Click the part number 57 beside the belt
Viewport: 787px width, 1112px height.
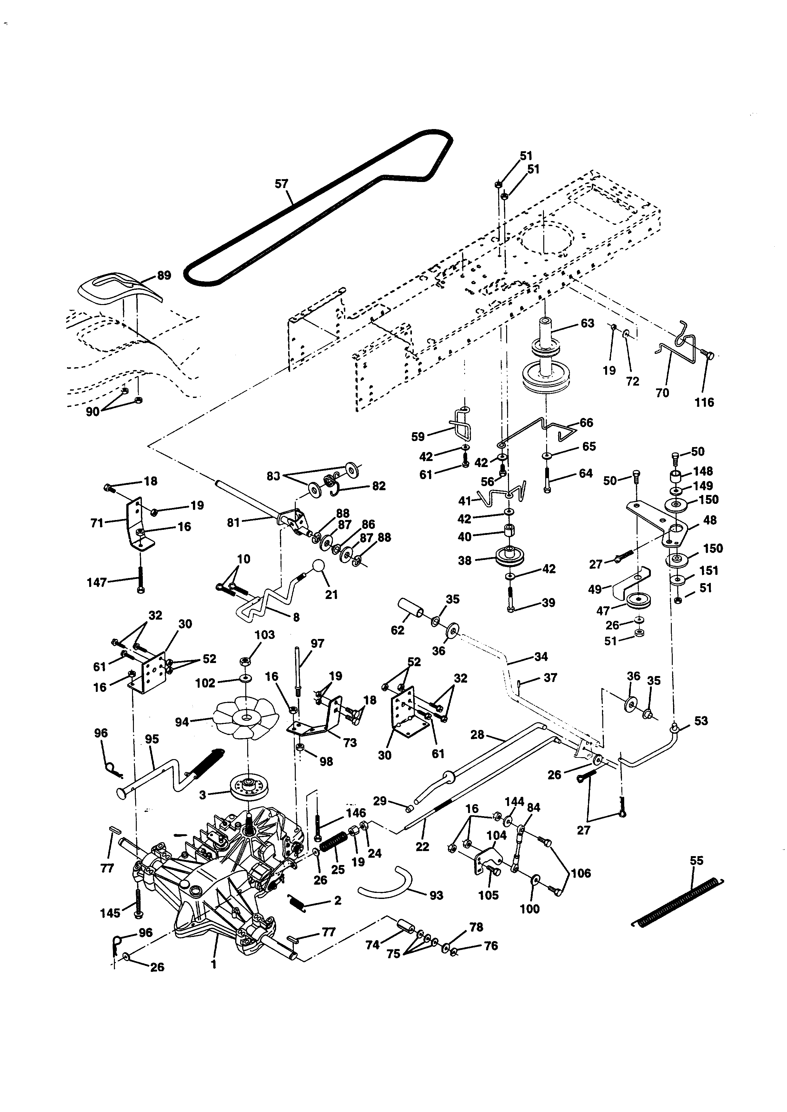[x=281, y=184]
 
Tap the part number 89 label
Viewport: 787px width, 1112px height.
[x=164, y=276]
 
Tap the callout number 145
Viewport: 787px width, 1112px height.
[x=110, y=913]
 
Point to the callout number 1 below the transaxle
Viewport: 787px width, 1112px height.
[x=213, y=964]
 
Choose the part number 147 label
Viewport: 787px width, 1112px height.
[x=96, y=583]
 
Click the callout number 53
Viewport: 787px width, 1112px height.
[x=701, y=721]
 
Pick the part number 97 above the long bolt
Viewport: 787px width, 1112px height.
[x=317, y=644]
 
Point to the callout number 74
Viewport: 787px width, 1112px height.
[x=372, y=945]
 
